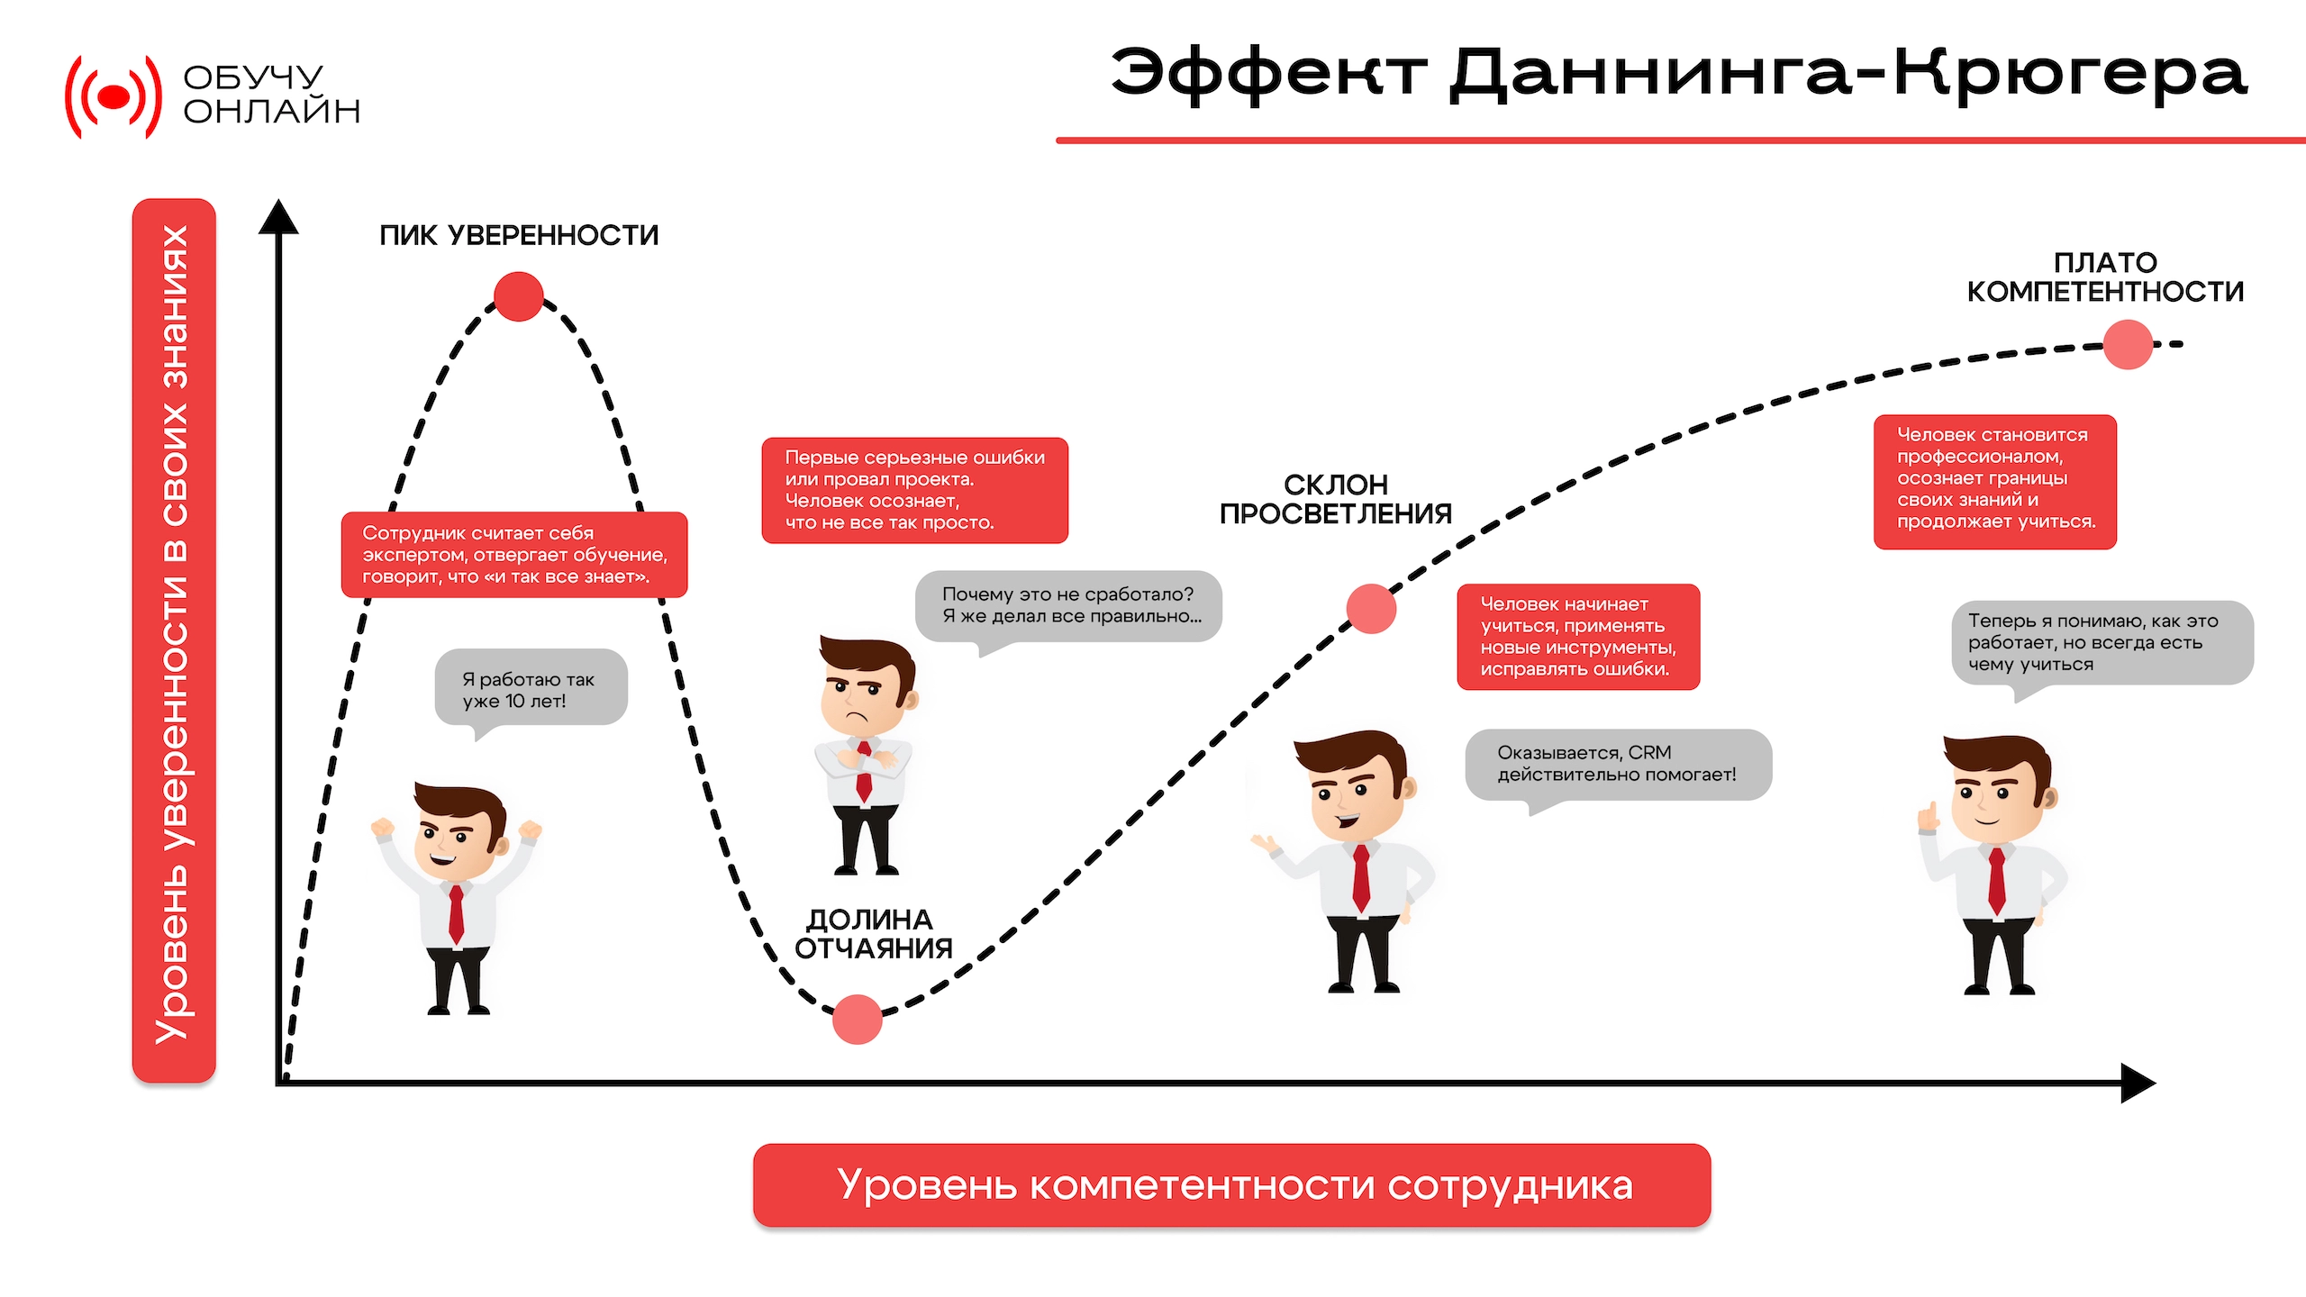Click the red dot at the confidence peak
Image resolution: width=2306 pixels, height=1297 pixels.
pyautogui.click(x=519, y=296)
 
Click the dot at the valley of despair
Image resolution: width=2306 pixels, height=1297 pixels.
pyautogui.click(x=857, y=1019)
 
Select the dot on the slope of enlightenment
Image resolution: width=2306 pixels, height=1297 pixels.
pyautogui.click(x=1371, y=609)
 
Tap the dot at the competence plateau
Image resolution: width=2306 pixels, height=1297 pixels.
pyautogui.click(x=2128, y=344)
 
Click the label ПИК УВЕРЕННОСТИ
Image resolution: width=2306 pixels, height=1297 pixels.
pyautogui.click(x=519, y=235)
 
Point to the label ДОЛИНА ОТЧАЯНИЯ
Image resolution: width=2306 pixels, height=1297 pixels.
pyautogui.click(x=873, y=934)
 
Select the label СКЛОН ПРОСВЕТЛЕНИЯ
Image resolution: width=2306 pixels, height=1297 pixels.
pyautogui.click(x=1336, y=499)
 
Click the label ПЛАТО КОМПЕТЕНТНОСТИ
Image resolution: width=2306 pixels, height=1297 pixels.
pyautogui.click(x=2105, y=277)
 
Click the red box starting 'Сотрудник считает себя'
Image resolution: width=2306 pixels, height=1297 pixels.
pyautogui.click(x=514, y=555)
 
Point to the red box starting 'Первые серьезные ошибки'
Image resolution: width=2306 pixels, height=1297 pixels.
pyautogui.click(x=915, y=490)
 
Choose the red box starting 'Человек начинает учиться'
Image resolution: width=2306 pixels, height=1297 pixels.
pyautogui.click(x=1578, y=637)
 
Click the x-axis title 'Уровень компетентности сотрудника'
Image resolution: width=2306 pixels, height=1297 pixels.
pyautogui.click(x=1235, y=1185)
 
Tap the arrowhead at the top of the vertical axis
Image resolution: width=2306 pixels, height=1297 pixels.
pyautogui.click(x=278, y=216)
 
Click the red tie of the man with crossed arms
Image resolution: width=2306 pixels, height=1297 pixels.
pyautogui.click(x=864, y=771)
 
